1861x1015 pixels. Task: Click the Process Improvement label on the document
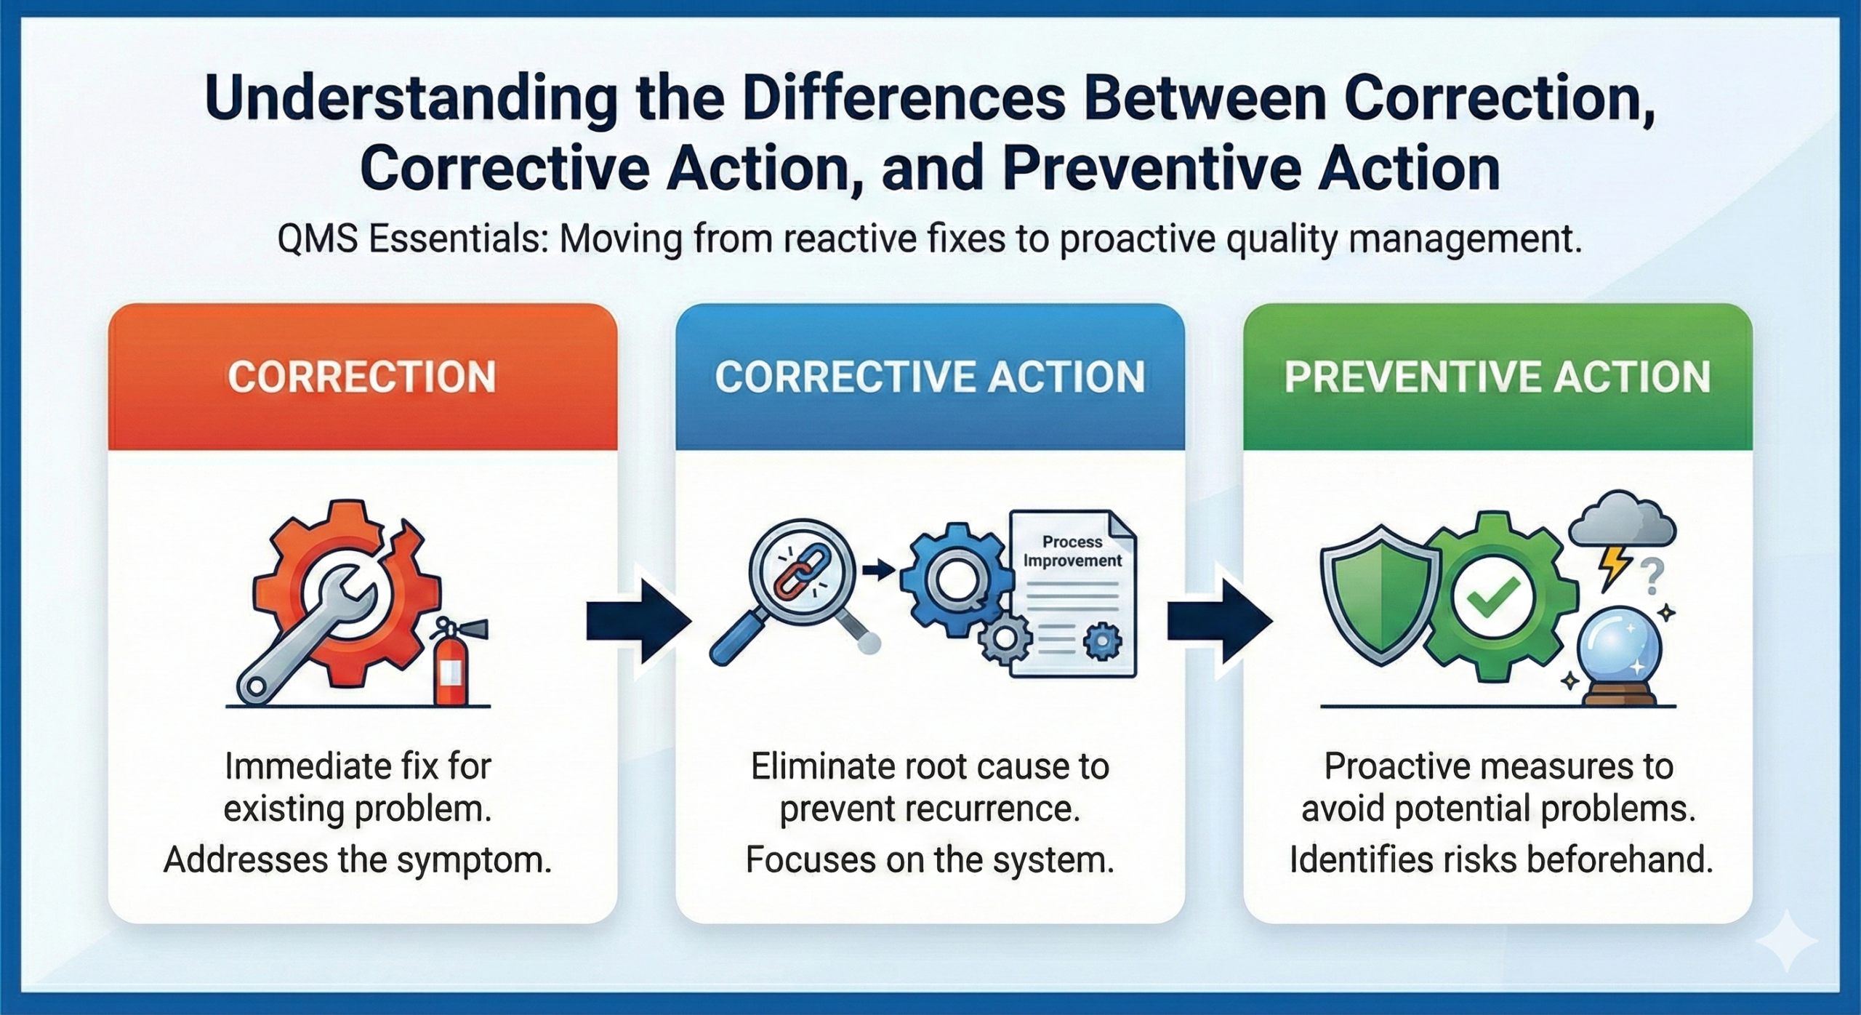1072,551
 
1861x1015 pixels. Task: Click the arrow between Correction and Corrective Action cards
638,622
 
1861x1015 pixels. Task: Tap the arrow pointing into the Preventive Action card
1219,622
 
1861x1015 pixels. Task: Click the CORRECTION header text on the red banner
361,377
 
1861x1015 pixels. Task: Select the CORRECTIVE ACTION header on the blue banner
930,377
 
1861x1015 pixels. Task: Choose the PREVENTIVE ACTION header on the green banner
1498,377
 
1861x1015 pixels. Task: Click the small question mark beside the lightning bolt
1652,579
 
